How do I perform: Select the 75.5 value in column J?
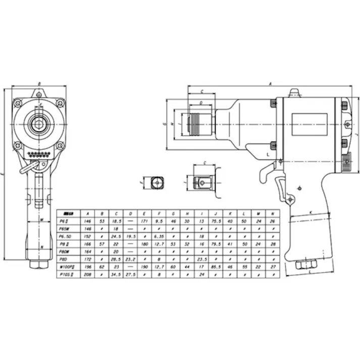[x=215, y=220]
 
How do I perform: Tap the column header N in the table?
[x=273, y=213]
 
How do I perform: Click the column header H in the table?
[x=187, y=213]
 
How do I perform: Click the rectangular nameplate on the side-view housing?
[x=308, y=124]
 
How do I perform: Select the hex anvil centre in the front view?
[x=39, y=124]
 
